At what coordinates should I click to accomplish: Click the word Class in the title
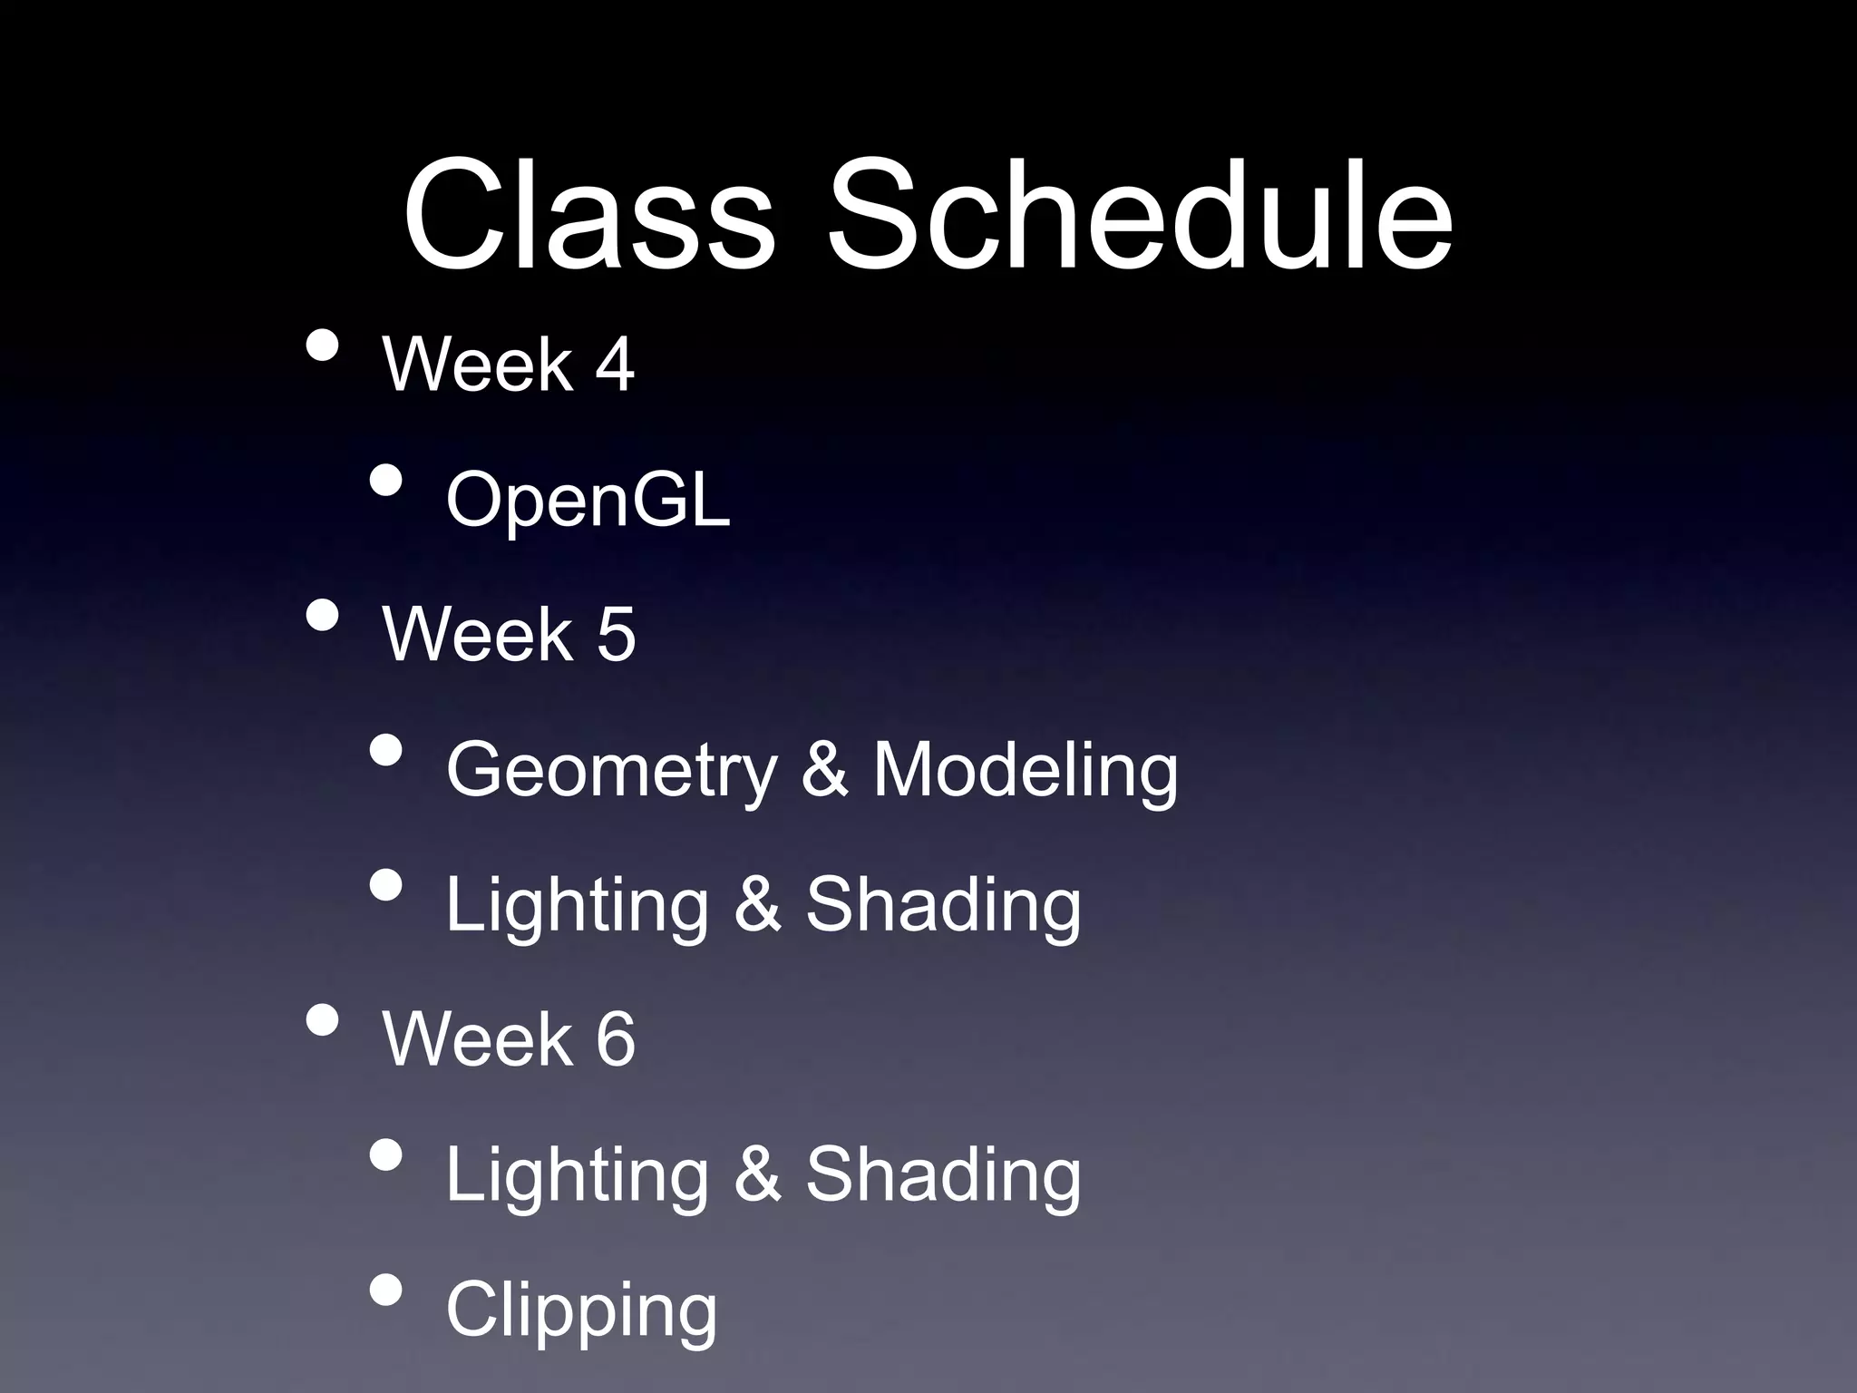588,214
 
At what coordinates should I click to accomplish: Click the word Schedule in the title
1140,214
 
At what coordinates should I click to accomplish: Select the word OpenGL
588,500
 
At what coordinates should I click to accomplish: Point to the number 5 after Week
616,634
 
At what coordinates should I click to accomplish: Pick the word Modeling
1025,769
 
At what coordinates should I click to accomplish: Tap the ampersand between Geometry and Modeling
824,769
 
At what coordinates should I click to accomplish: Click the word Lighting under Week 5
577,905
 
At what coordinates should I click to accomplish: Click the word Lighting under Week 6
577,1175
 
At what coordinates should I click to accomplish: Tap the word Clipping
581,1310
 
